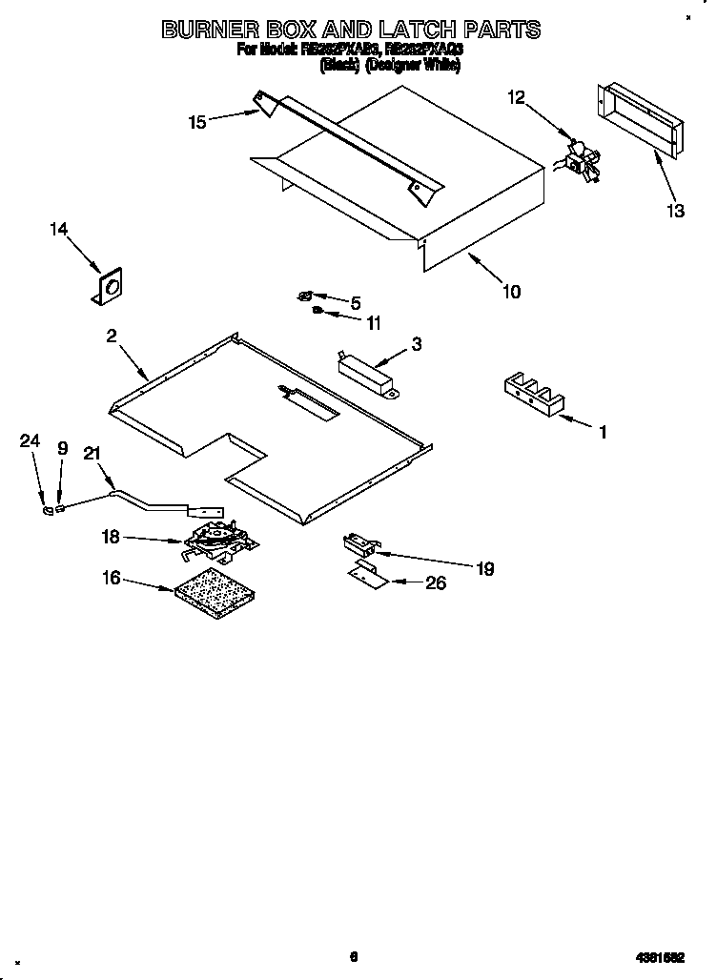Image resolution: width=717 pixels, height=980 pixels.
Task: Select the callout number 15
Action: pyautogui.click(x=197, y=121)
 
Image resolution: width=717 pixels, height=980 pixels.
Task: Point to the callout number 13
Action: pyautogui.click(x=675, y=211)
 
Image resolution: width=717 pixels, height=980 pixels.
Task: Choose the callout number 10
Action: pyautogui.click(x=512, y=292)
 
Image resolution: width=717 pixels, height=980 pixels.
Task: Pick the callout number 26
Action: pyautogui.click(x=435, y=583)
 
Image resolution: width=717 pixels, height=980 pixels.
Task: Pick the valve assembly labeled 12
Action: pyautogui.click(x=580, y=159)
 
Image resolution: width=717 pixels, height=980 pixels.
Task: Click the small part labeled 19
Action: pyautogui.click(x=359, y=544)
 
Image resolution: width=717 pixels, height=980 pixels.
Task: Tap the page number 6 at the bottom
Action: pyautogui.click(x=353, y=957)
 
